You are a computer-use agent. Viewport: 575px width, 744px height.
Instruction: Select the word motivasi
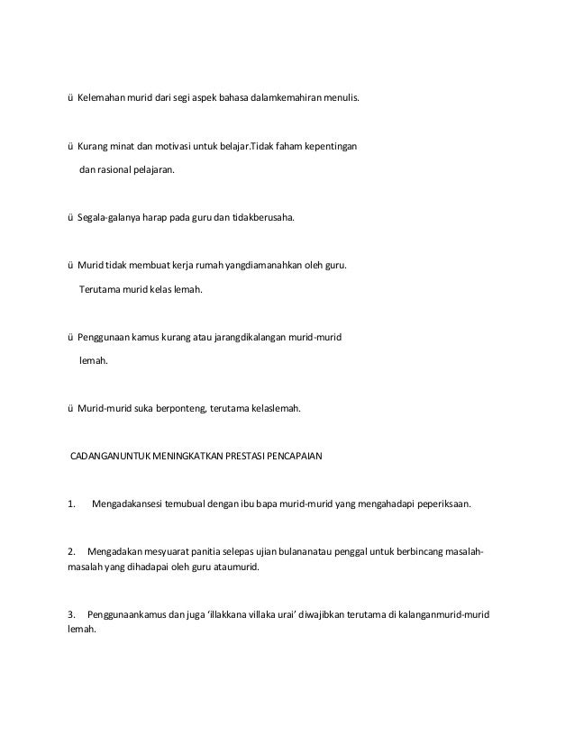(168, 146)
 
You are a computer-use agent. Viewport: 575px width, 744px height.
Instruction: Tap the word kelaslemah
(277, 409)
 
